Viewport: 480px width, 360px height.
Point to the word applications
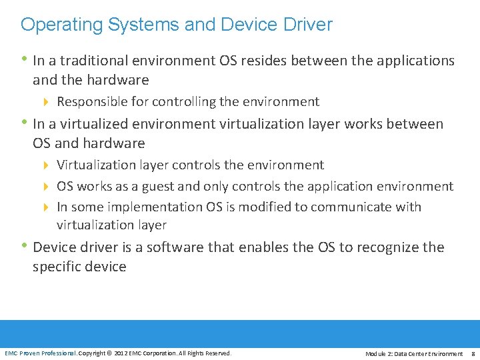[413, 61]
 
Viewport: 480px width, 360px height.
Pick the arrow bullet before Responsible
[46, 102]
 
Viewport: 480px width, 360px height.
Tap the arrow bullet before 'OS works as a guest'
[46, 186]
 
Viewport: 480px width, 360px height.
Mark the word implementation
[160, 207]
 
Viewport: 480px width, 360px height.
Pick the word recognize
[389, 247]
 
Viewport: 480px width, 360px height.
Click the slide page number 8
[472, 353]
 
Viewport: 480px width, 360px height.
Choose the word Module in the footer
[375, 353]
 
